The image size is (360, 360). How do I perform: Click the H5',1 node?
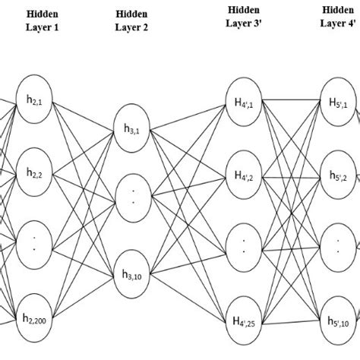click(339, 100)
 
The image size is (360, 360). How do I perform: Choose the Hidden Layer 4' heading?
click(337, 17)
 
